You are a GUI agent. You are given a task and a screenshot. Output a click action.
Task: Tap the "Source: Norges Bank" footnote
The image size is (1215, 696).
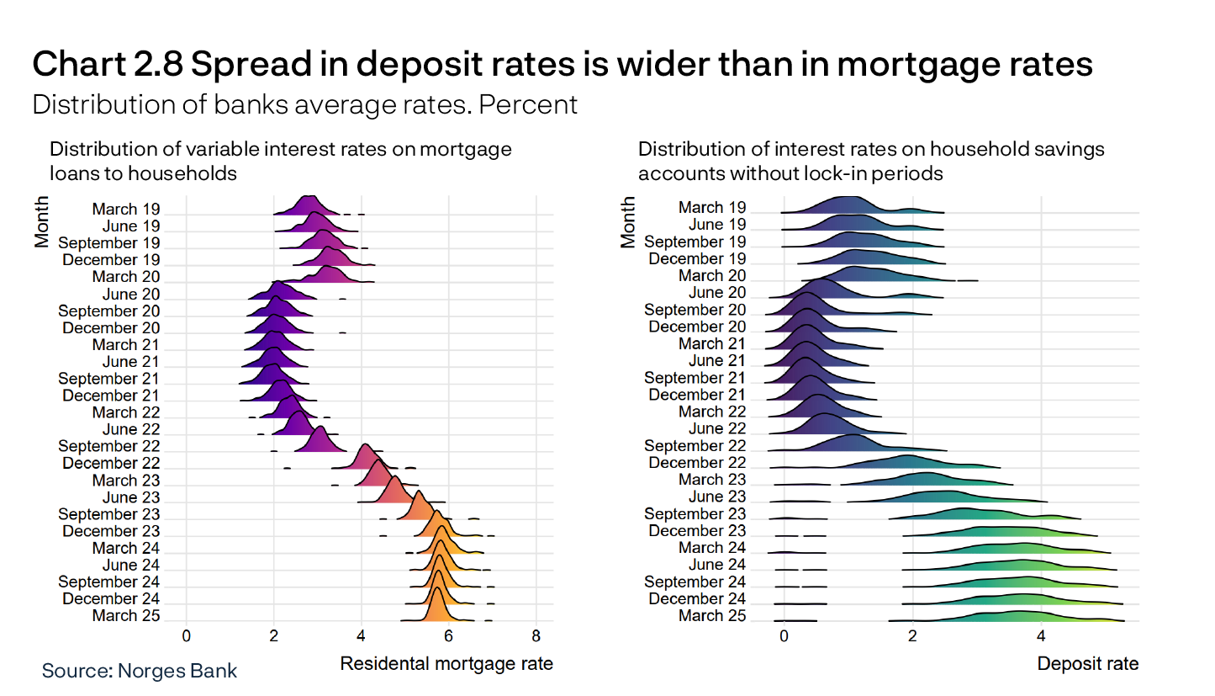140,671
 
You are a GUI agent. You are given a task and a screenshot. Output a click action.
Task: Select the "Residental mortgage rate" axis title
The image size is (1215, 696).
446,664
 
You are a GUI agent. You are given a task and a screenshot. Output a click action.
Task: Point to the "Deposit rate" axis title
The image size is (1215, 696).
1087,664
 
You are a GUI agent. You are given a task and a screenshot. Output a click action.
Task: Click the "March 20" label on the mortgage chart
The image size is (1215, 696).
125,277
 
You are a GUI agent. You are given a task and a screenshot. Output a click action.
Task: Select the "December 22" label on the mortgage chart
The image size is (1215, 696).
111,464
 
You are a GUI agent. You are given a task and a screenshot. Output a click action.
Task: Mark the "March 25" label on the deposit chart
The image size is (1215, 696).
712,616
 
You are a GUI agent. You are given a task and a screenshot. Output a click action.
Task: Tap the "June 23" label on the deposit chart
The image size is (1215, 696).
716,497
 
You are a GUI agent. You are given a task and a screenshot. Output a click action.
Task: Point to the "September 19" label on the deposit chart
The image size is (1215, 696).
695,242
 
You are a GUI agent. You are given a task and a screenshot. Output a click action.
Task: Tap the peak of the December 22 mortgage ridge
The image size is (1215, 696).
365,444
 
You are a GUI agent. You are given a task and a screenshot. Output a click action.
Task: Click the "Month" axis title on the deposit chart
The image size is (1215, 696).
628,222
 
